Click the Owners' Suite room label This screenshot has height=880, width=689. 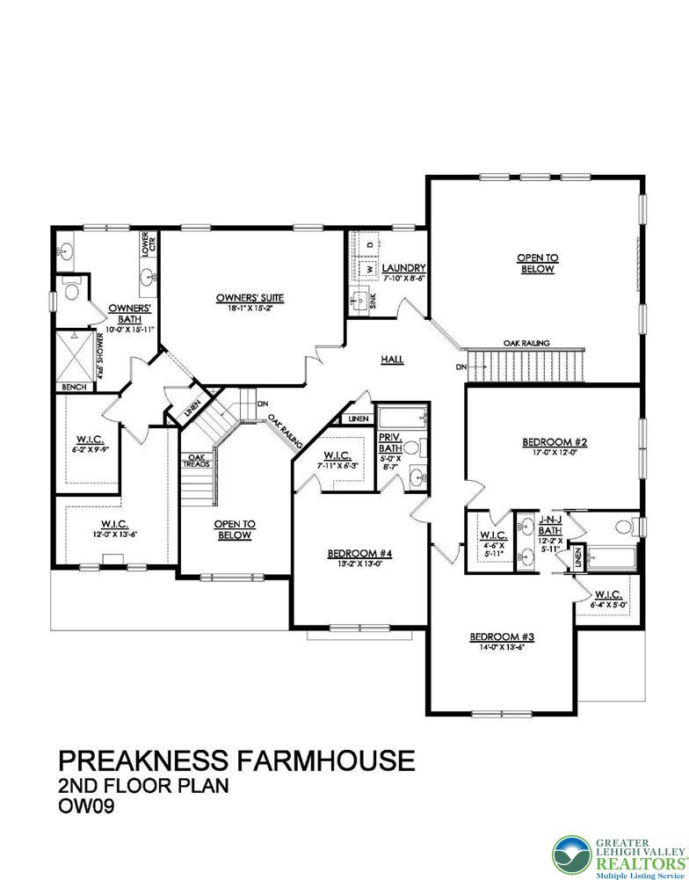(250, 298)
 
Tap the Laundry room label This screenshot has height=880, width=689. (404, 268)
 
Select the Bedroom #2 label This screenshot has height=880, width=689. (551, 442)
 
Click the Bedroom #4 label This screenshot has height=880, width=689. (359, 553)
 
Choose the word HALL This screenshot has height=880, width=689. (392, 359)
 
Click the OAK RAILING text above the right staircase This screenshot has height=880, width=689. (526, 343)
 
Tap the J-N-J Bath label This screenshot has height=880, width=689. (549, 526)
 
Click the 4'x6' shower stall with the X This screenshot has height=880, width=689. (76, 355)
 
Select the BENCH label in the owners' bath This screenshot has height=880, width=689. (72, 388)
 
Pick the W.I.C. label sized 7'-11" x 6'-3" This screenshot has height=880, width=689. (337, 455)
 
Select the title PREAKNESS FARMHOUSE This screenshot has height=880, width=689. (236, 760)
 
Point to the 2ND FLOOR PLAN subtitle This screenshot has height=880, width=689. (143, 785)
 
